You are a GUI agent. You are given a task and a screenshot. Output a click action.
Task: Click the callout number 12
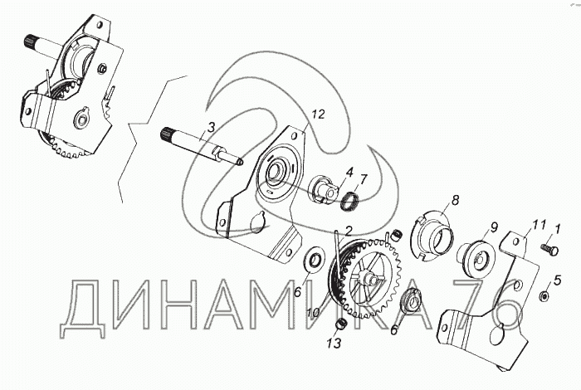click(318, 115)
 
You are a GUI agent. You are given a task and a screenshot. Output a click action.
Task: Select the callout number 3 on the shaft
click(211, 128)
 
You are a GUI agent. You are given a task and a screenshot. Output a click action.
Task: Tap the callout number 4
click(349, 173)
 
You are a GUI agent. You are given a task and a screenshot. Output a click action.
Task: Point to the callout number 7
click(363, 179)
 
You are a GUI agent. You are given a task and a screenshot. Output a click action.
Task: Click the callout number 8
click(455, 200)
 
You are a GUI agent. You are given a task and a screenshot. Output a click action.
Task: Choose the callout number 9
click(495, 227)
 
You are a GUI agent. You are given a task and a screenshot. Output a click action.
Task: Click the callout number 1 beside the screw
click(558, 229)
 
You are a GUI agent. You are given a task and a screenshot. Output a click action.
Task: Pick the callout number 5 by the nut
click(557, 280)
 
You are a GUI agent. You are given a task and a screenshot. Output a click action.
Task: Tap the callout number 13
click(334, 344)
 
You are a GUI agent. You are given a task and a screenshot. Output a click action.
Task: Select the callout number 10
click(313, 313)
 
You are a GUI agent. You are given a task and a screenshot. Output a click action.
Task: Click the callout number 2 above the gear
click(348, 232)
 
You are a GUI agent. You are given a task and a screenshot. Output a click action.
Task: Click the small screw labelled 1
click(549, 249)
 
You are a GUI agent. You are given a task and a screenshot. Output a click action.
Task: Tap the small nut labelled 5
click(544, 295)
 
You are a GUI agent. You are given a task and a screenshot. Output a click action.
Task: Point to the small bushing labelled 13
click(341, 324)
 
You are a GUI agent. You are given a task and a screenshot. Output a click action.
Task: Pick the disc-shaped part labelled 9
click(477, 259)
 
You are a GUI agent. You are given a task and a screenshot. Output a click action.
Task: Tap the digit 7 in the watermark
click(474, 303)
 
